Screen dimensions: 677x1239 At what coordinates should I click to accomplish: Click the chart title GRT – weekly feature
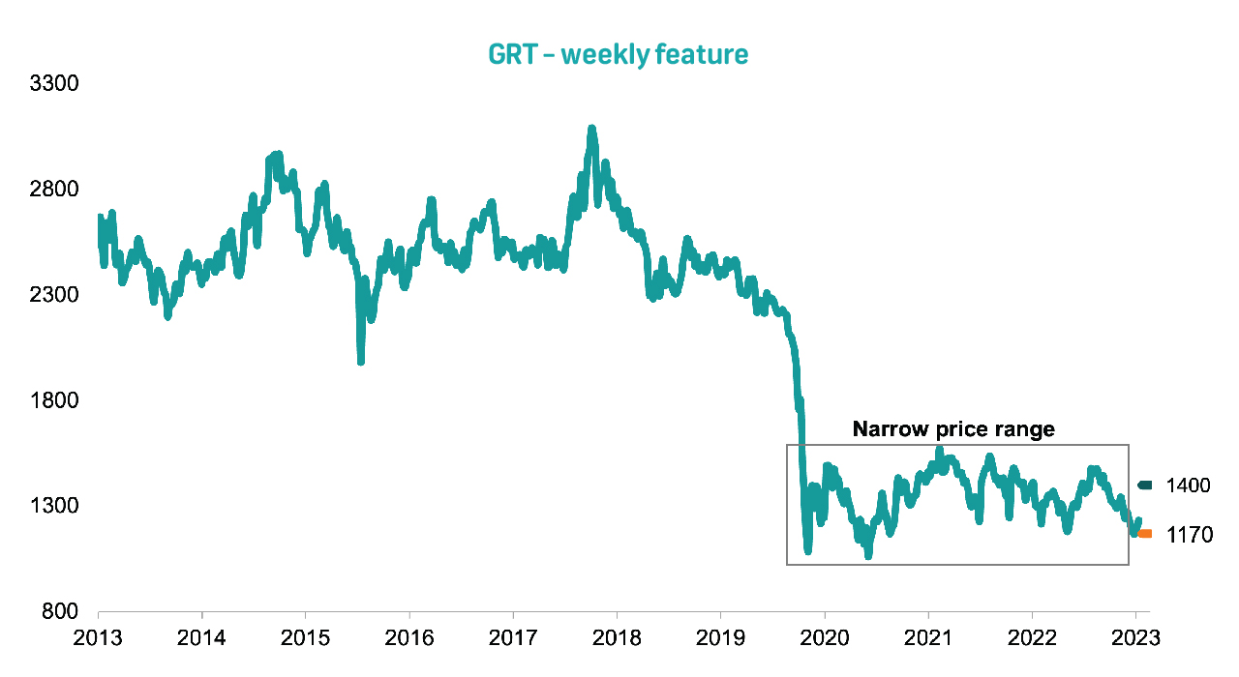tap(619, 54)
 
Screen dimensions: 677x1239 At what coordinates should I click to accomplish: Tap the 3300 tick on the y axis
tap(54, 83)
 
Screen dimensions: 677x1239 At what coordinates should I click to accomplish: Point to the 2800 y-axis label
tap(54, 189)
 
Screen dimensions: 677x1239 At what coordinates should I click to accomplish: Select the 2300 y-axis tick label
tap(54, 294)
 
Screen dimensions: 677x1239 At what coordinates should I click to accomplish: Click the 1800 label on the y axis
tap(54, 400)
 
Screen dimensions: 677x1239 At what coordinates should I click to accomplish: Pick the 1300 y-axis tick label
tap(54, 506)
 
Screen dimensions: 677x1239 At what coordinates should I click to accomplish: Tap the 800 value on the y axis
tap(59, 611)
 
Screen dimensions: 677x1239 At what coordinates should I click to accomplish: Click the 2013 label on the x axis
tap(99, 639)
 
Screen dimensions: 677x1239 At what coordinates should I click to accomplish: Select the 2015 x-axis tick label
tap(305, 639)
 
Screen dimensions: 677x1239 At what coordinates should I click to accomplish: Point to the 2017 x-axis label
tap(513, 639)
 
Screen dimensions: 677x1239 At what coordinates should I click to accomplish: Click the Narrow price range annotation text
tap(953, 429)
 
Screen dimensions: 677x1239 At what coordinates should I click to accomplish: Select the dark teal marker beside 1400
tap(1145, 486)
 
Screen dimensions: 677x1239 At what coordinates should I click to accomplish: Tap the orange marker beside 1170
tap(1145, 534)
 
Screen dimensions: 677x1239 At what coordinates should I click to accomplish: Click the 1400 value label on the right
tap(1189, 486)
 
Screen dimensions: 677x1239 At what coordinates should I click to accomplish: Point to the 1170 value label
tap(1189, 535)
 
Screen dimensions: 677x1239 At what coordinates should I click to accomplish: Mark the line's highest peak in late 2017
tap(591, 129)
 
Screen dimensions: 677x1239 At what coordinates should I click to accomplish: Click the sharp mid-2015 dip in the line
tap(361, 361)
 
